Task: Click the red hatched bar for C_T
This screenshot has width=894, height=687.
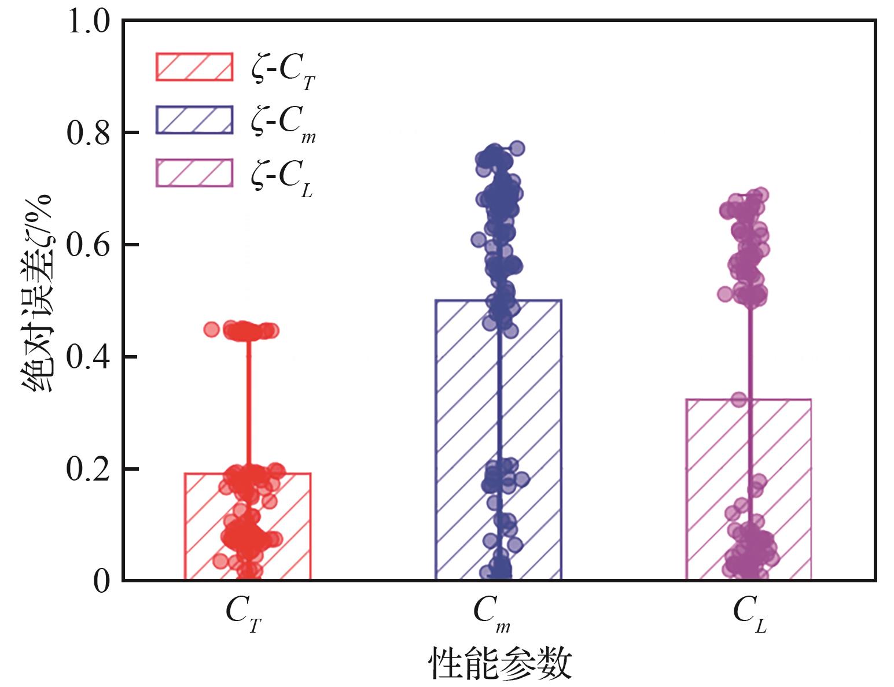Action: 208,526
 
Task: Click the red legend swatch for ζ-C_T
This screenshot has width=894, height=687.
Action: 194,67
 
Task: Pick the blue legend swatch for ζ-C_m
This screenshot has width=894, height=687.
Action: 194,120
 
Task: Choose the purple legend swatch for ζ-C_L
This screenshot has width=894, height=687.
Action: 194,172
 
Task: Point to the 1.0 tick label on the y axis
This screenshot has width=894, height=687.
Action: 87,22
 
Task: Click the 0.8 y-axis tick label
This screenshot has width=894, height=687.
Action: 87,134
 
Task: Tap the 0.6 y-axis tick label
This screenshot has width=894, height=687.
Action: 87,246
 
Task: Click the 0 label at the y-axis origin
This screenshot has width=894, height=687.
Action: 101,581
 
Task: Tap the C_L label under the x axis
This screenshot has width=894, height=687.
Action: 750,614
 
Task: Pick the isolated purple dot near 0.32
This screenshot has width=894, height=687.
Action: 739,399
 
